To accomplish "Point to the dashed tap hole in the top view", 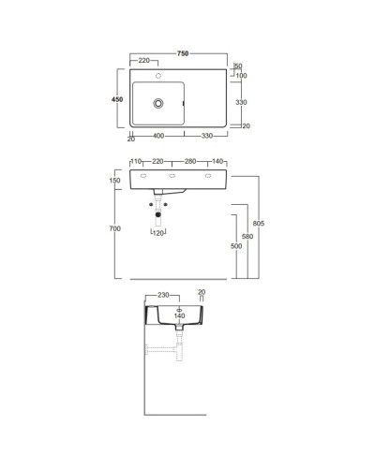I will tap(158, 75).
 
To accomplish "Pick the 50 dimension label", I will tap(237, 66).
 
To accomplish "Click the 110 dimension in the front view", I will tap(137, 160).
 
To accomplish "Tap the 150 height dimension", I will tap(115, 181).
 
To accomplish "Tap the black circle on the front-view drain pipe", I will tap(157, 215).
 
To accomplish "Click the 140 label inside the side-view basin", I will tap(180, 316).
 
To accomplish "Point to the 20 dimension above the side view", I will tap(202, 292).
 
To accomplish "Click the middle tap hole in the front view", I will tap(172, 177).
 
